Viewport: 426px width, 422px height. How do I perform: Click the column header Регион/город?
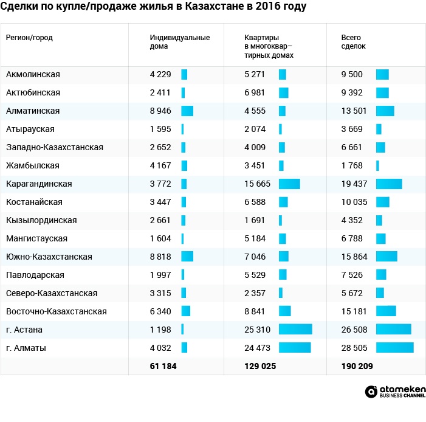29,38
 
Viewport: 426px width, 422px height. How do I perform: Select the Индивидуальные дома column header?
180,41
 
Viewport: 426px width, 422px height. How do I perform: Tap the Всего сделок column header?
354,41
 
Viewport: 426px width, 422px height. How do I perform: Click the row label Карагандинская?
39,184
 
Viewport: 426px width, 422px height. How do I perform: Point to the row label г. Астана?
24,330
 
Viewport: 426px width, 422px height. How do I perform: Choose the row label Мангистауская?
36,238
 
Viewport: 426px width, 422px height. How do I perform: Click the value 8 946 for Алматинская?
160,111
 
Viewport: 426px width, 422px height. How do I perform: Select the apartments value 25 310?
257,330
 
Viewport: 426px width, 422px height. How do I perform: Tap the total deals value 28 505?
354,348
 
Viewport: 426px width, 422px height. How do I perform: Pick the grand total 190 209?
357,366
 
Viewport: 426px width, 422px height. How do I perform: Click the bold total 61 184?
163,366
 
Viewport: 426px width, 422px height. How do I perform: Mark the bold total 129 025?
260,366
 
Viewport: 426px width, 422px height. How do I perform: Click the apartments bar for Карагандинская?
289,184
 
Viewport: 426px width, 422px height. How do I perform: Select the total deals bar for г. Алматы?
395,348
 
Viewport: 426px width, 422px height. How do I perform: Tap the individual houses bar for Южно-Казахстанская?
187,257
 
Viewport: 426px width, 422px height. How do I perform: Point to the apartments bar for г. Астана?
295,330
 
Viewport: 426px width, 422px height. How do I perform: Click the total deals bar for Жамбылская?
377,165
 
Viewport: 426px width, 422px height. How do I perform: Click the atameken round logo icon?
371,392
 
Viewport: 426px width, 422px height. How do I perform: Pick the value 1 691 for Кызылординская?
255,220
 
